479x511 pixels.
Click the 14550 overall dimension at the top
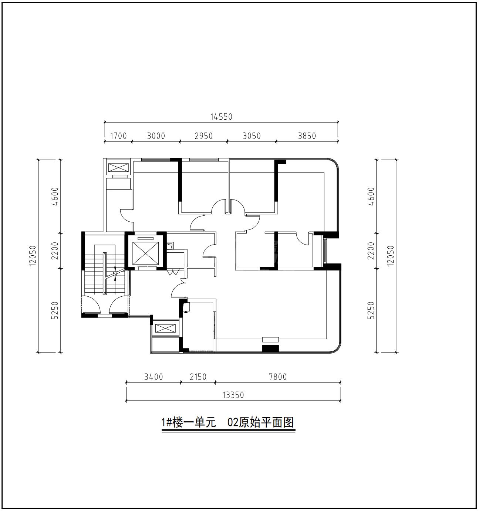[x=221, y=117]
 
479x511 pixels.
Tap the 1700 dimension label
[x=118, y=136]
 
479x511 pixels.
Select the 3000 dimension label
[x=156, y=136]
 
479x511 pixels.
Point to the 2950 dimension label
[x=203, y=136]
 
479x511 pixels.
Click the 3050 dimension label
[x=252, y=136]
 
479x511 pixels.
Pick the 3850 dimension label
[x=307, y=136]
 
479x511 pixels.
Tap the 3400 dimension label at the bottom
[x=154, y=377]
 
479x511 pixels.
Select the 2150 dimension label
[x=198, y=377]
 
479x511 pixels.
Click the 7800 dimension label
[x=278, y=377]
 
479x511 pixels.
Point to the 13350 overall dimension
[x=233, y=395]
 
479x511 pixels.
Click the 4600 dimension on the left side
[x=55, y=197]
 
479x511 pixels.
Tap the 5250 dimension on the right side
[x=371, y=310]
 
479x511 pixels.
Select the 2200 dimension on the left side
[x=55, y=251]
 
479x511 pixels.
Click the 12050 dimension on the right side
[x=390, y=256]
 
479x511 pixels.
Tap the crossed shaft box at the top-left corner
[x=118, y=167]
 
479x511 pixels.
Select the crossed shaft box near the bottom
[x=165, y=328]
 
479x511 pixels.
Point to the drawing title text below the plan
[x=228, y=423]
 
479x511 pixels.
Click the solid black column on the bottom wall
[x=270, y=349]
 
